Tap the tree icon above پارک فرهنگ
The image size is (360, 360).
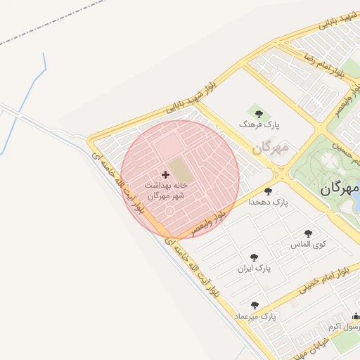pyautogui.click(x=259, y=113)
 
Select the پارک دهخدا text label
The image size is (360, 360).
pyautogui.click(x=269, y=202)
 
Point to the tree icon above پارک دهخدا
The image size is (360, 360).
pyautogui.click(x=268, y=191)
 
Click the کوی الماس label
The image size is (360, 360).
pyautogui.click(x=309, y=244)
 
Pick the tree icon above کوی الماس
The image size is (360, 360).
pyautogui.click(x=308, y=233)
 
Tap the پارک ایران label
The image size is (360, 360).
pyautogui.click(x=254, y=268)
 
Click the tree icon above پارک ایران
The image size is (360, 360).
pyautogui.click(x=254, y=257)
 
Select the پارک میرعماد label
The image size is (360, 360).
pyautogui.click(x=258, y=316)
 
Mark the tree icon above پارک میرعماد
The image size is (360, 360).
pyautogui.click(x=255, y=306)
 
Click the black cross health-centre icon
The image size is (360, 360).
pyautogui.click(x=166, y=174)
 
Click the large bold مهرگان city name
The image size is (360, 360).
pyautogui.click(x=340, y=189)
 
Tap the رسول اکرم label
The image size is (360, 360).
pyautogui.click(x=347, y=326)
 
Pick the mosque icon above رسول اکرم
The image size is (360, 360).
pyautogui.click(x=356, y=316)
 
